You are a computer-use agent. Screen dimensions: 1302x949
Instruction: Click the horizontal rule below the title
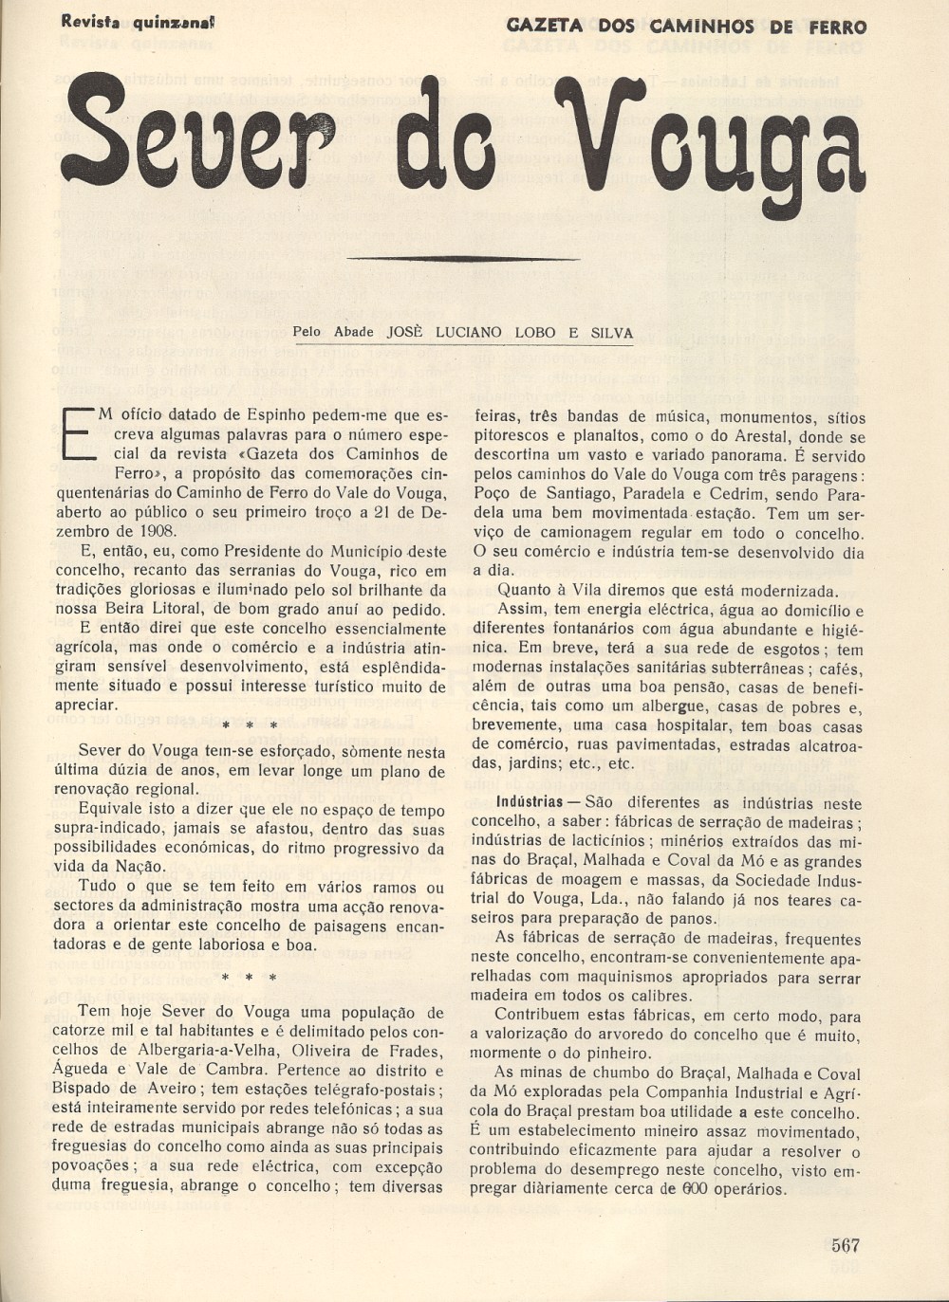pyautogui.click(x=463, y=258)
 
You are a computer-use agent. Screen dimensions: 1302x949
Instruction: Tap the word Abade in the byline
pyautogui.click(x=353, y=333)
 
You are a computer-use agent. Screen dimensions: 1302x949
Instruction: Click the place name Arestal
pyautogui.click(x=767, y=437)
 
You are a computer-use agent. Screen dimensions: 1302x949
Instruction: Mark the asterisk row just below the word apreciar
pyautogui.click(x=249, y=725)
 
